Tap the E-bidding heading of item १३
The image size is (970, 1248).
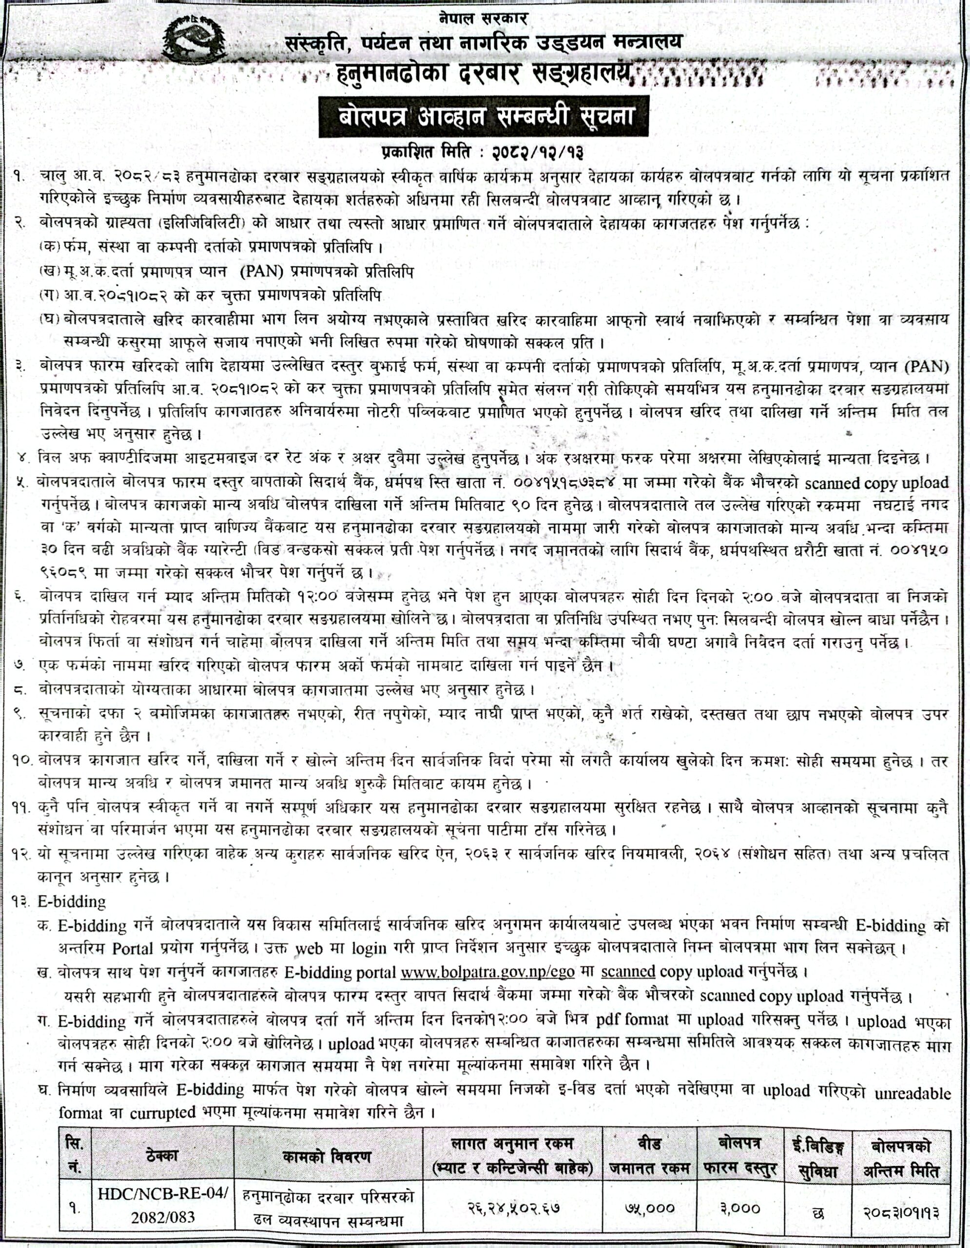pyautogui.click(x=72, y=902)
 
